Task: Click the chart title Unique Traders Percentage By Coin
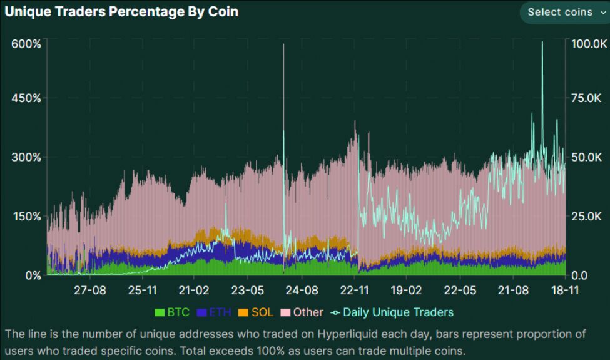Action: tap(121, 11)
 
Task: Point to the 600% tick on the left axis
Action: tap(26, 44)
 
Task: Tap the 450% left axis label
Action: tap(26, 98)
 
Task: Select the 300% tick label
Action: tap(26, 157)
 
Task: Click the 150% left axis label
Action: tap(26, 217)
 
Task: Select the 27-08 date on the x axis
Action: tap(89, 291)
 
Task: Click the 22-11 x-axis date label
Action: tap(355, 291)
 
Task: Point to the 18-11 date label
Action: tap(565, 291)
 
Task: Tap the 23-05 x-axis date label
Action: tap(248, 291)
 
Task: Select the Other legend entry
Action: tap(302, 312)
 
